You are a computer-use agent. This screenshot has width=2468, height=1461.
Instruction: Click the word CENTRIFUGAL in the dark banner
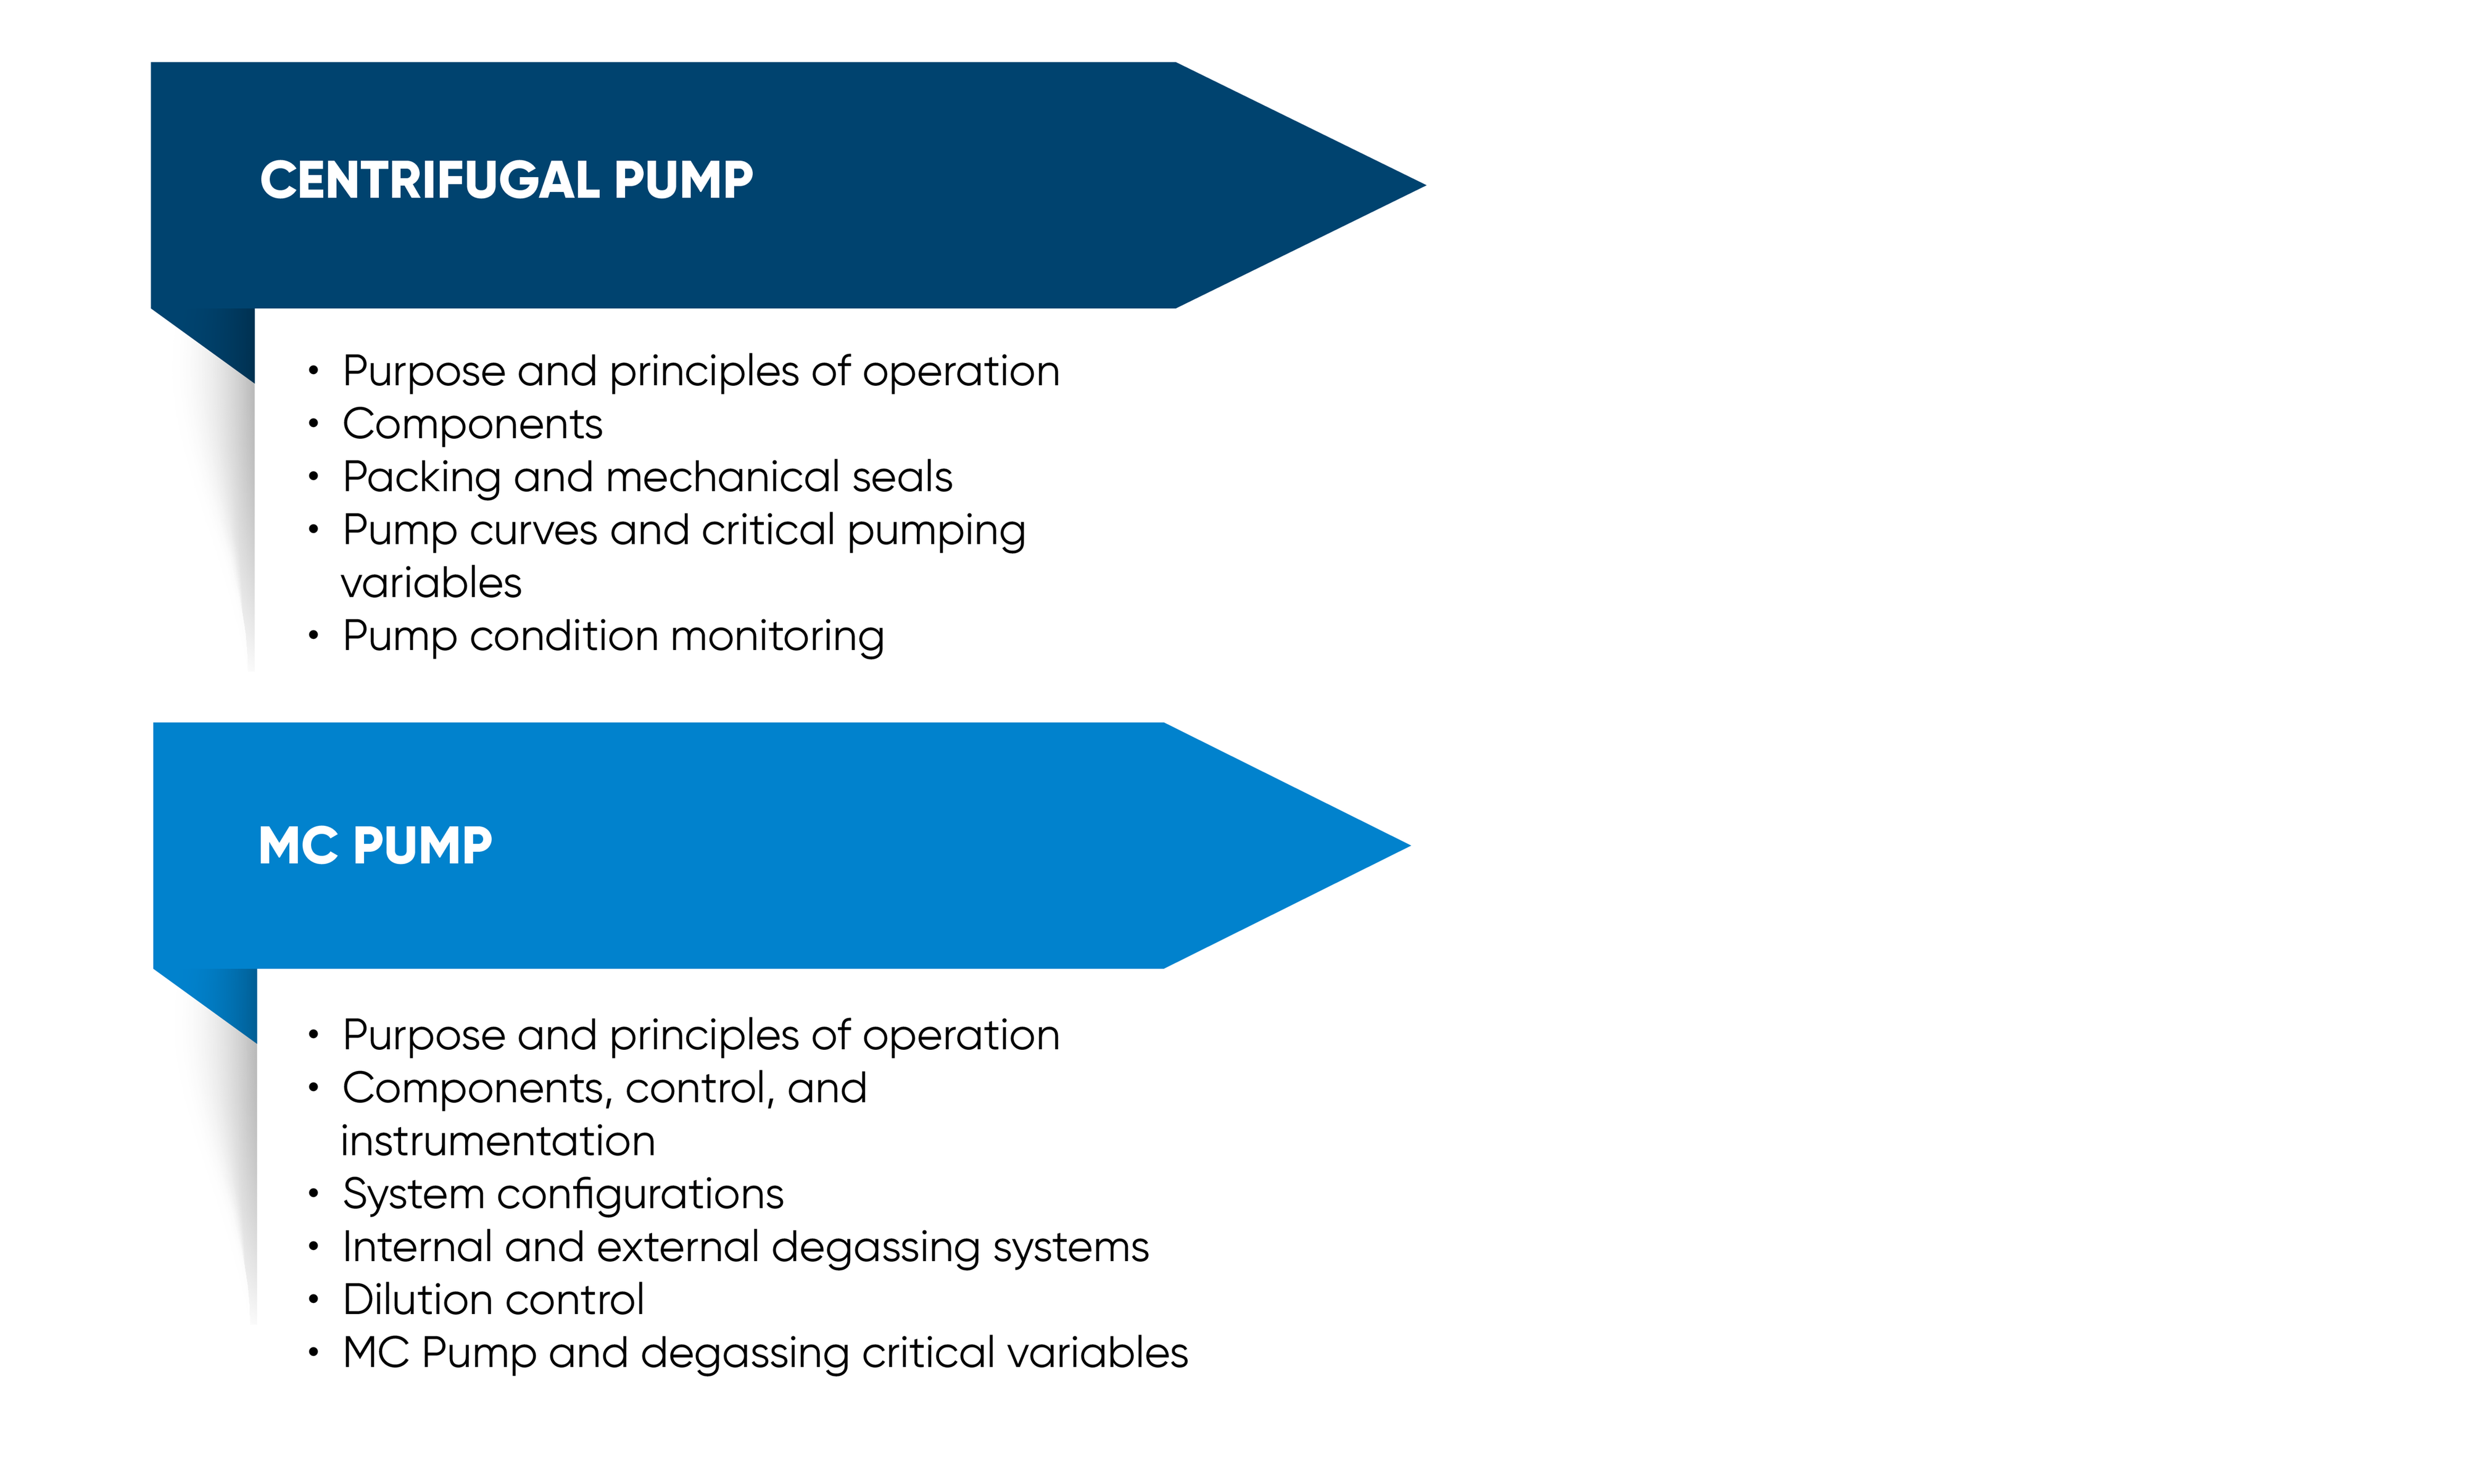tap(430, 180)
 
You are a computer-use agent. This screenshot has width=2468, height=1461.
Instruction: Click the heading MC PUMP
tap(375, 846)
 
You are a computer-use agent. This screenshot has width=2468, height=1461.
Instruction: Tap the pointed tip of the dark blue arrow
tap(1424, 185)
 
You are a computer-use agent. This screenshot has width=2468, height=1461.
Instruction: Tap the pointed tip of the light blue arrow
tap(1409, 846)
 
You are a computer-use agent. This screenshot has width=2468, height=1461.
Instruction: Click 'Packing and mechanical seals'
tap(647, 478)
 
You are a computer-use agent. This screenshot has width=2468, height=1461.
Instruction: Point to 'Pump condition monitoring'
tap(613, 637)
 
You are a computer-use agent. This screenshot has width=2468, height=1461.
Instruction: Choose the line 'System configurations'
tap(563, 1195)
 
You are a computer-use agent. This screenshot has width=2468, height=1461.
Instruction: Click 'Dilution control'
tap(493, 1301)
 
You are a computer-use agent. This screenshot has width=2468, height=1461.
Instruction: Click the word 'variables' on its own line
tap(431, 584)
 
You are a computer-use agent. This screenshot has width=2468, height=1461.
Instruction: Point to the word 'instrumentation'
tap(498, 1142)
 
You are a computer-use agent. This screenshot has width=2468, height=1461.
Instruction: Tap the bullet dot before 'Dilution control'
tap(313, 1301)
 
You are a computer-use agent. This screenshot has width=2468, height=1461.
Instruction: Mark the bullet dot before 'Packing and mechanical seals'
tap(313, 478)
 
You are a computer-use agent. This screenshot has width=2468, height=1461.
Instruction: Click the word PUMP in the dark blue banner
tap(684, 180)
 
